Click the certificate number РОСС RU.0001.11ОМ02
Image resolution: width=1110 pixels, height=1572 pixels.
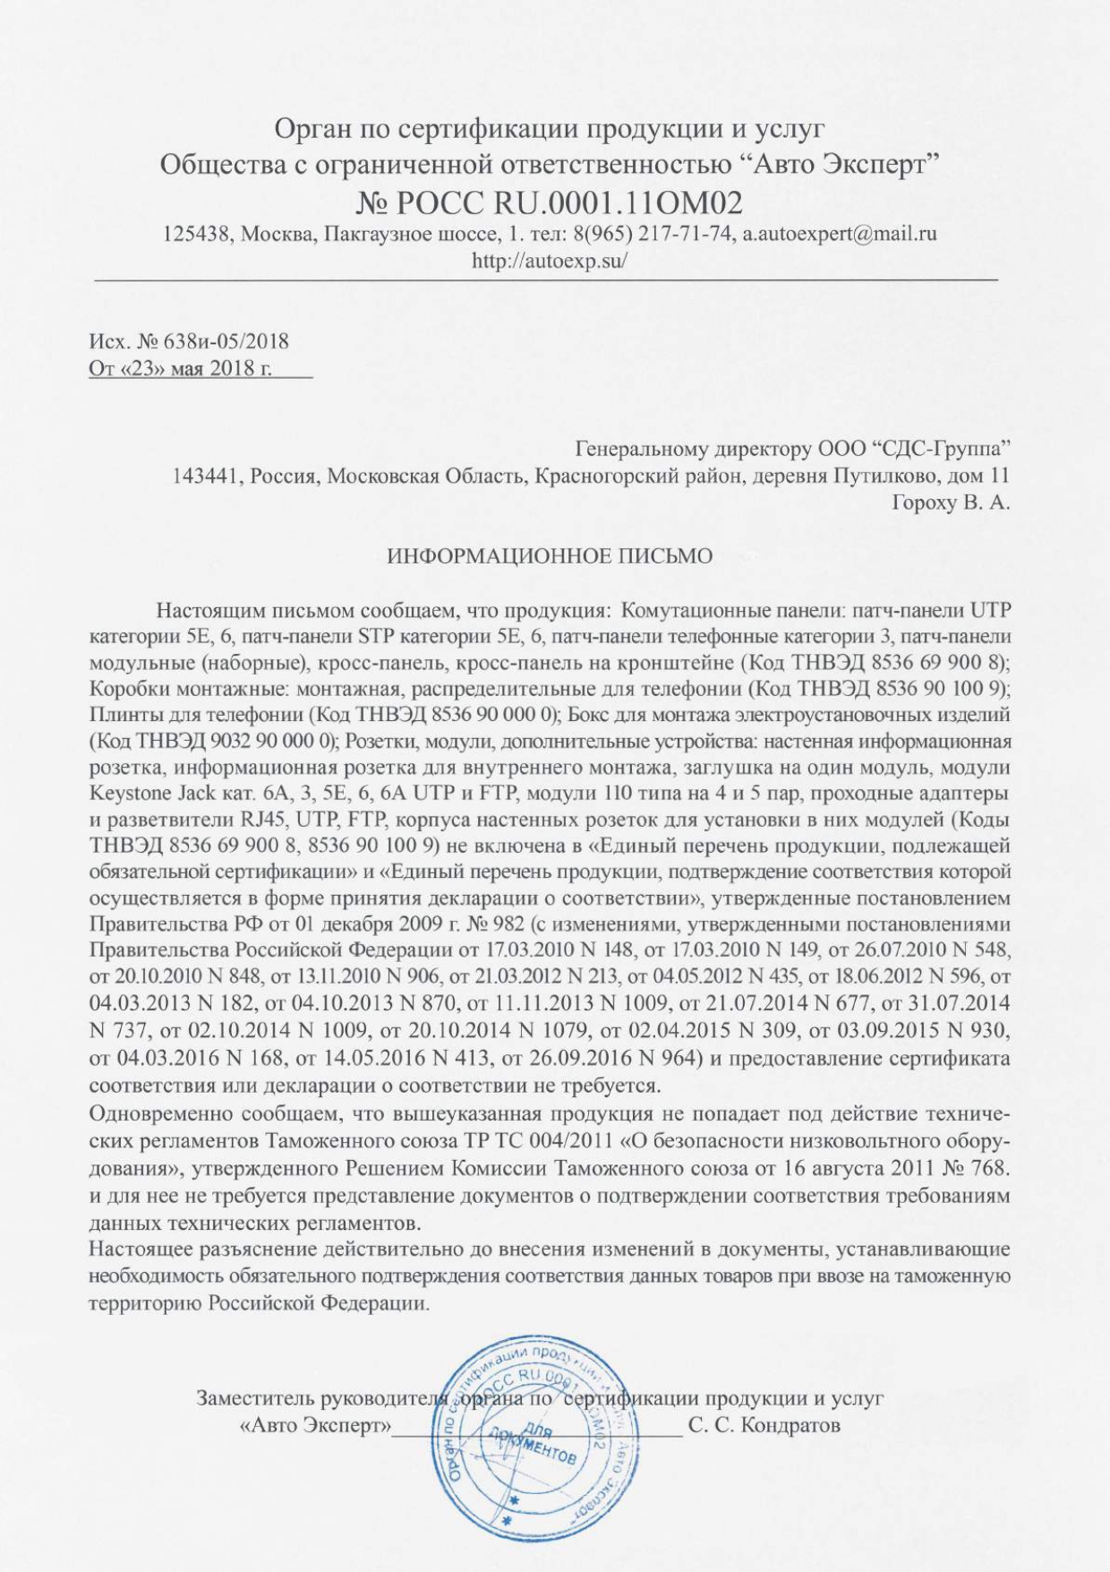click(572, 202)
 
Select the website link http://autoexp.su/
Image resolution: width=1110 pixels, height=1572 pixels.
click(550, 261)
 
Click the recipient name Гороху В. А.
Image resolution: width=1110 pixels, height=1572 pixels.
click(950, 503)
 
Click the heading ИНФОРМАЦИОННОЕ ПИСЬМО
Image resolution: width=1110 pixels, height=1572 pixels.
click(550, 556)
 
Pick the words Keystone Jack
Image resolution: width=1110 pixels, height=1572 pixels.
click(148, 794)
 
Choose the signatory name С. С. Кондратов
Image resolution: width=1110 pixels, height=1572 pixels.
click(764, 1425)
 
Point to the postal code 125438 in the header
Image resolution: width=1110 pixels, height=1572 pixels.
click(193, 235)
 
